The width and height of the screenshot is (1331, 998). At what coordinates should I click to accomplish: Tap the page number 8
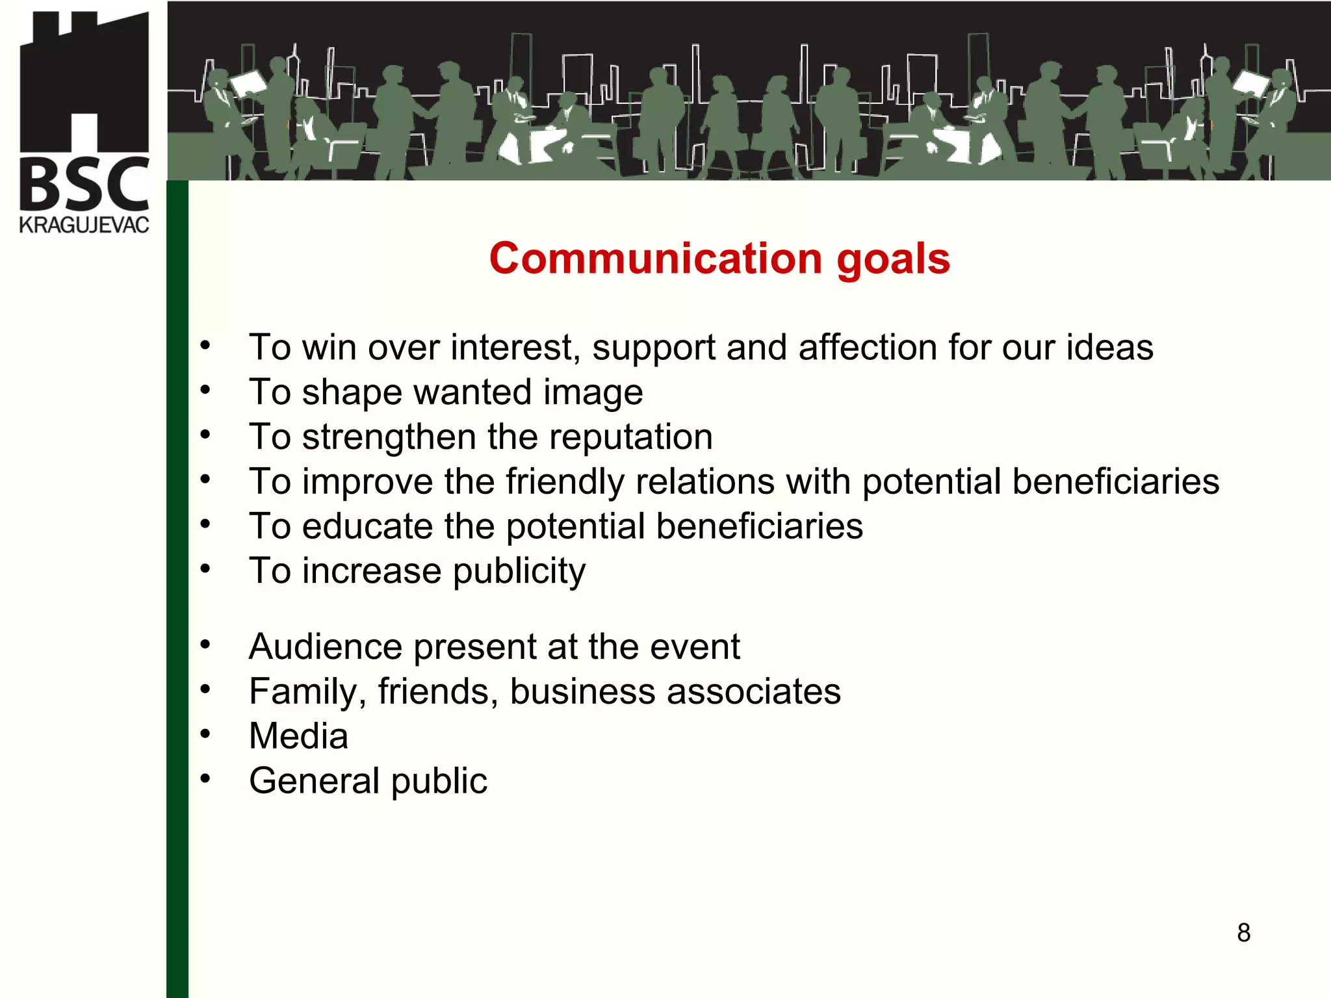(1243, 932)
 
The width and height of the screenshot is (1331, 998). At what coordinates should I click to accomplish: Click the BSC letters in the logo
(84, 185)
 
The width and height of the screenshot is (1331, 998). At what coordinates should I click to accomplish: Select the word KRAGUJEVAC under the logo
(84, 225)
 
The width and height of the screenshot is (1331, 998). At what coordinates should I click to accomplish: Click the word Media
(298, 736)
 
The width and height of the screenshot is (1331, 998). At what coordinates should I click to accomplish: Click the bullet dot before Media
(205, 734)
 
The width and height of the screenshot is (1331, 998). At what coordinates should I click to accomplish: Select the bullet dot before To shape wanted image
(205, 390)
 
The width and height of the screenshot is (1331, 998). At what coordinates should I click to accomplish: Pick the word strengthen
(389, 437)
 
